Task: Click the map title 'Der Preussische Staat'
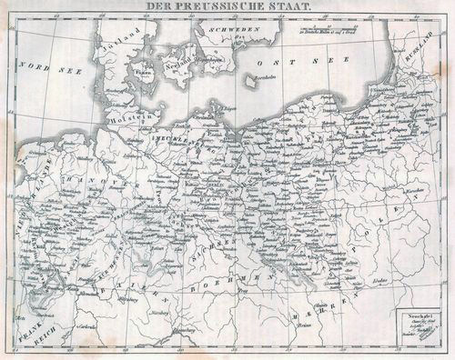click(x=227, y=6)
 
